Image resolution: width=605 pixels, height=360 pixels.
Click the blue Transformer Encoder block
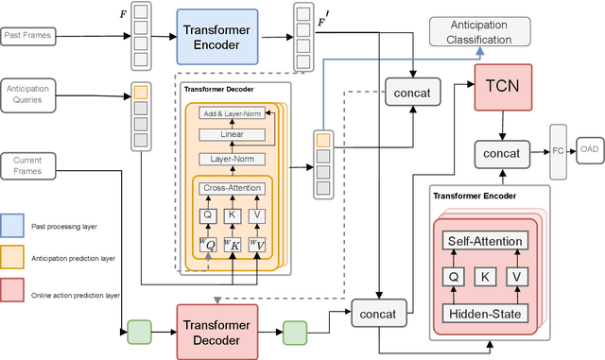[216, 36]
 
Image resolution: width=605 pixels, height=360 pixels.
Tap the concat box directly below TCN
[501, 152]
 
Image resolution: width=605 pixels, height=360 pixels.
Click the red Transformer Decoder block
[216, 332]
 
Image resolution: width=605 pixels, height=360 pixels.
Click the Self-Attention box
[484, 241]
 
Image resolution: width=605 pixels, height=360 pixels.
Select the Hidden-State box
[484, 313]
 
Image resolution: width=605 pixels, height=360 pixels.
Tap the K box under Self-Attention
[485, 277]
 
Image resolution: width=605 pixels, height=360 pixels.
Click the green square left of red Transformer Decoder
[139, 332]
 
